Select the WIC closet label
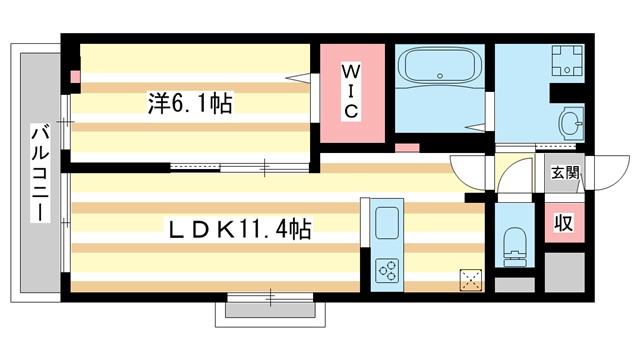point(351,91)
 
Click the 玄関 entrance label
point(564,173)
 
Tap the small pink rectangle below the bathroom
point(406,148)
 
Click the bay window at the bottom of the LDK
point(270,305)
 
